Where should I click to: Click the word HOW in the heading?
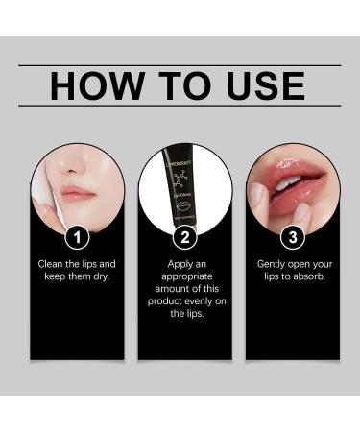coord(89,85)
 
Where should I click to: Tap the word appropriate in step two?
coord(185,275)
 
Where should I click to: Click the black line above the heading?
coord(180,65)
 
